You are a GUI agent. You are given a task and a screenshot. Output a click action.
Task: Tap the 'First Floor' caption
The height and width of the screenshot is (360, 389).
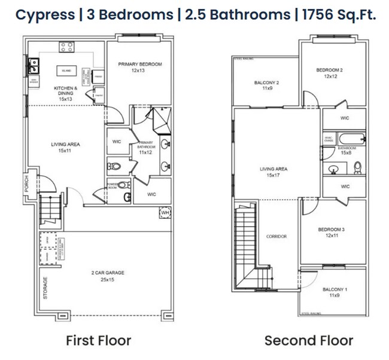(98, 341)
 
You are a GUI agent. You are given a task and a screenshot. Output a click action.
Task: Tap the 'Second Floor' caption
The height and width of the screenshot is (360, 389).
(309, 341)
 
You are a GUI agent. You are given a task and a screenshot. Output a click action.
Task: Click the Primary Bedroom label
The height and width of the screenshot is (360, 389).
(140, 67)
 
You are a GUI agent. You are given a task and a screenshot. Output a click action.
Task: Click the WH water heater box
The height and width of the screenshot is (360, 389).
(165, 213)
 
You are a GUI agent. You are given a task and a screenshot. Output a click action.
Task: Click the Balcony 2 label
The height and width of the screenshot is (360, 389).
(266, 85)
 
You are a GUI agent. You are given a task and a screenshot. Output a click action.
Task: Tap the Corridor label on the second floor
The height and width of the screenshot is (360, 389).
(276, 236)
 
